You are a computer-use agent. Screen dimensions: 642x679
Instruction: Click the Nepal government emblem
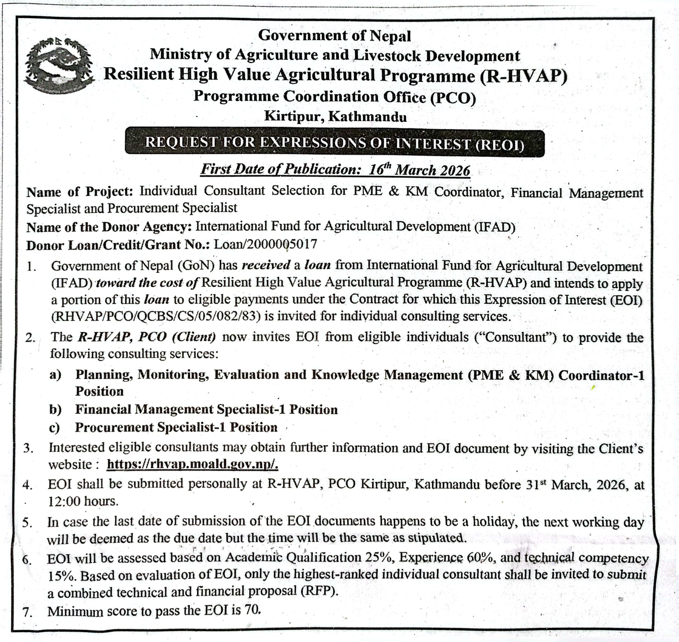pyautogui.click(x=59, y=65)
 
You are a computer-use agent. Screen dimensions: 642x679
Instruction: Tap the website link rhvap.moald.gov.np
pyautogui.click(x=192, y=465)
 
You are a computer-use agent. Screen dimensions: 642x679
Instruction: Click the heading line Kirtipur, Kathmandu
pyautogui.click(x=336, y=117)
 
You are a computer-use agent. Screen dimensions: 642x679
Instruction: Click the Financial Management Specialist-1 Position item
pyautogui.click(x=206, y=409)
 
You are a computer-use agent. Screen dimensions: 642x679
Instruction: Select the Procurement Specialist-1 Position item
pyautogui.click(x=176, y=427)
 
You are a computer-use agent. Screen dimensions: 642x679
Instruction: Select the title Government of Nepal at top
pyautogui.click(x=334, y=36)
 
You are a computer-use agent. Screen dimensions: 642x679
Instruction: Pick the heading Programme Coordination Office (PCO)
pyautogui.click(x=334, y=97)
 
